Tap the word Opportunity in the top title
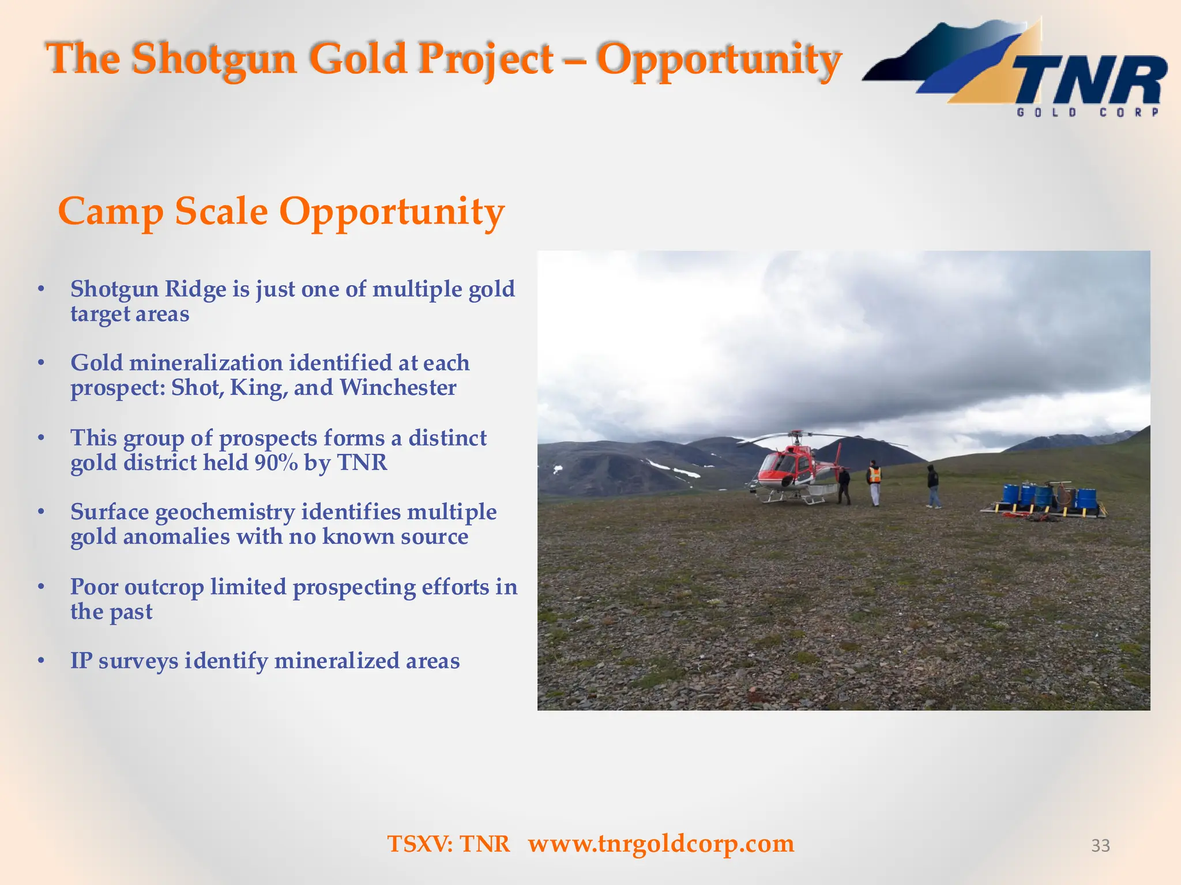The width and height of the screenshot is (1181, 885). tap(719, 59)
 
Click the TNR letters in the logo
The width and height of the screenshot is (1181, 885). tap(1090, 81)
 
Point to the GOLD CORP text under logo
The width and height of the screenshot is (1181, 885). tap(1088, 112)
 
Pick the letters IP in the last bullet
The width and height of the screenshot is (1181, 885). tap(81, 661)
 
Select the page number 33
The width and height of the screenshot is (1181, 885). tap(1100, 845)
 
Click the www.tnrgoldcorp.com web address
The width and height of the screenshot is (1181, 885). tap(661, 844)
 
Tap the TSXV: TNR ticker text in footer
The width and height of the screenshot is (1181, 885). tap(449, 844)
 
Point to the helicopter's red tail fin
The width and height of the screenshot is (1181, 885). tap(838, 456)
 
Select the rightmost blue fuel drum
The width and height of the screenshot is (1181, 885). tap(1086, 498)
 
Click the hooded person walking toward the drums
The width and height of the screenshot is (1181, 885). tap(933, 486)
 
